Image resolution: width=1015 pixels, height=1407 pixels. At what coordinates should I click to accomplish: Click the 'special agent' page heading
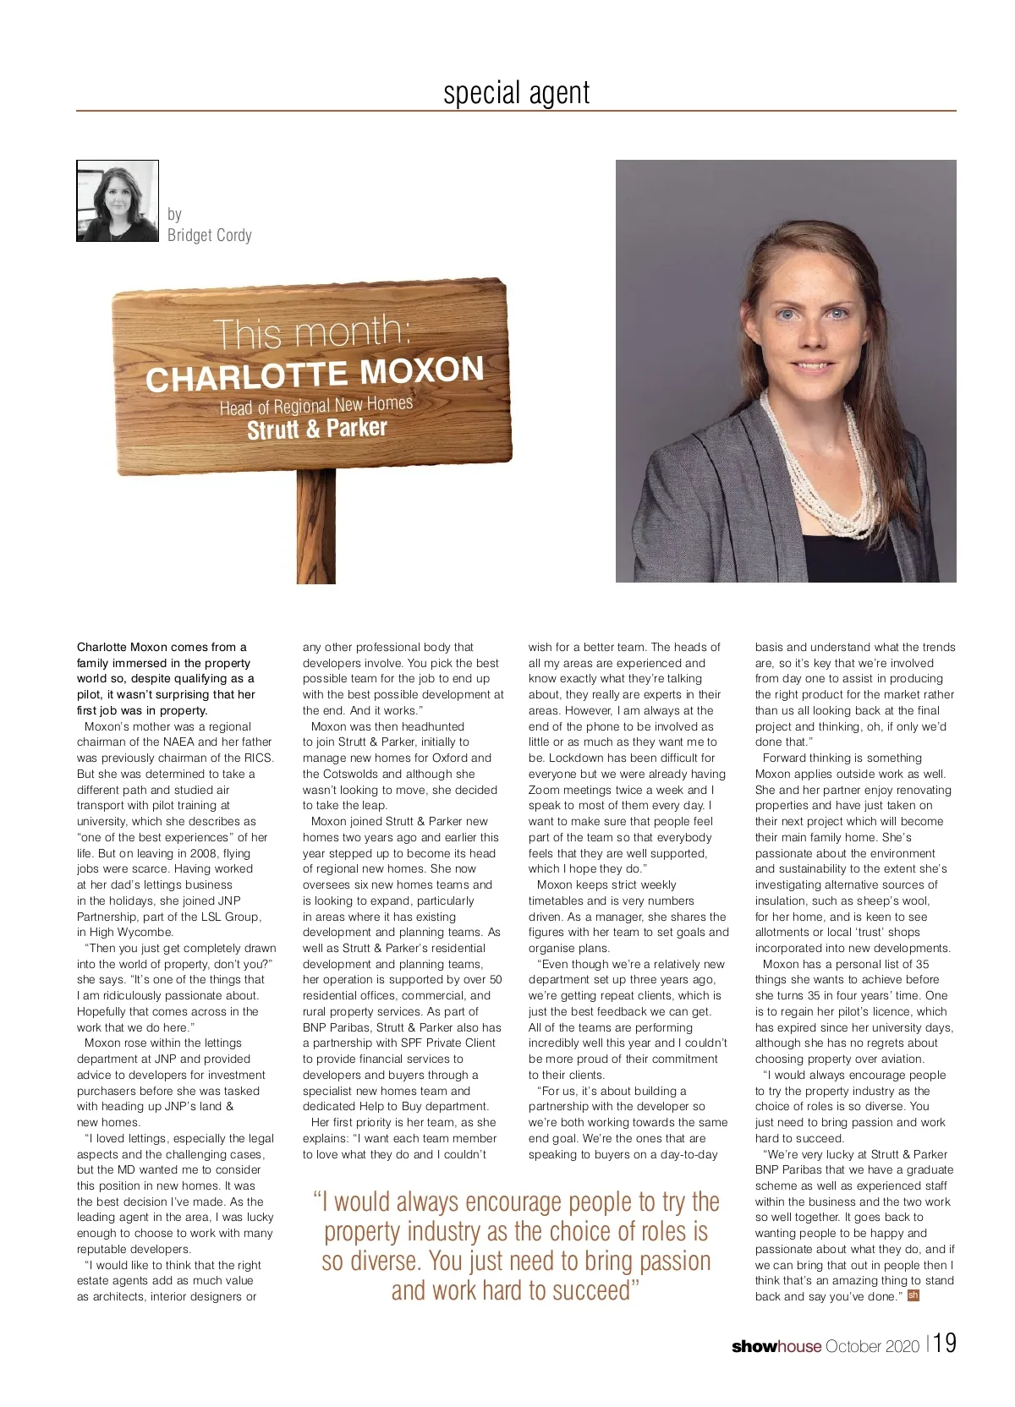(x=516, y=92)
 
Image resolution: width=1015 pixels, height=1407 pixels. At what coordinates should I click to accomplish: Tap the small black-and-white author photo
(x=118, y=201)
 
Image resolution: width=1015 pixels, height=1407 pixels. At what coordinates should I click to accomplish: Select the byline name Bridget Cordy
(x=210, y=235)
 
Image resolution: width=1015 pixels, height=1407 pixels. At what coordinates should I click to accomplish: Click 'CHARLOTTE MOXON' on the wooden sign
(x=315, y=373)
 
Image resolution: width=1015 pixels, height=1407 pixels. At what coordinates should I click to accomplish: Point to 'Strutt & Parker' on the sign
(x=317, y=429)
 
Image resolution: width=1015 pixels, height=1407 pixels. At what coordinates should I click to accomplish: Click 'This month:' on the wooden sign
(x=312, y=331)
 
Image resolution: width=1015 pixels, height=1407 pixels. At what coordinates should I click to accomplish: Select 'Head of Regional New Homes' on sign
(x=316, y=405)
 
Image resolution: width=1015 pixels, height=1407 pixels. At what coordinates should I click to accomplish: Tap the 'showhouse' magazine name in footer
(x=776, y=1346)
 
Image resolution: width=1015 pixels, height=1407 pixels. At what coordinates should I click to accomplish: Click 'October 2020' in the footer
(x=872, y=1346)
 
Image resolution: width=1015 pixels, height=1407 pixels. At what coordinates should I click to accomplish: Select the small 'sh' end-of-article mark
(x=913, y=1295)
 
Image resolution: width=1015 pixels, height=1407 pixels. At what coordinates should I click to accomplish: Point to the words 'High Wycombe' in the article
(x=124, y=932)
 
